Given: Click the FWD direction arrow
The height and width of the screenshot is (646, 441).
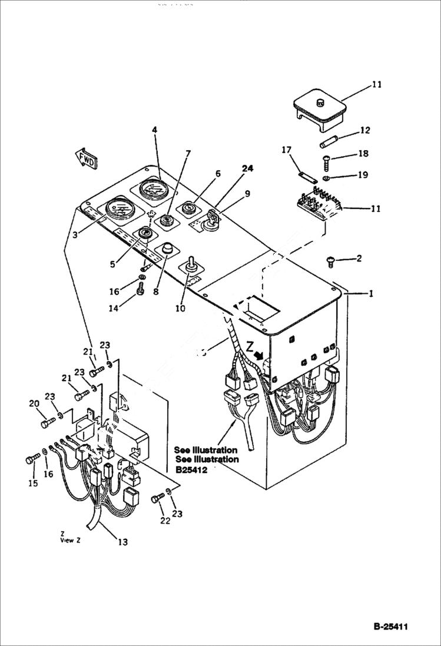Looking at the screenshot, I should (86, 158).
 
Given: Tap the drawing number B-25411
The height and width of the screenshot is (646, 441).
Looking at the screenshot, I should (390, 626).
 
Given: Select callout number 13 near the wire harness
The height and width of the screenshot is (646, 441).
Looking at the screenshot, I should (122, 542).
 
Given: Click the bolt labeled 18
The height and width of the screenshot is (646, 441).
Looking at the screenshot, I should (328, 161).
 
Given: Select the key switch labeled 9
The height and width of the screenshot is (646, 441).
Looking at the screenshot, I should (210, 223).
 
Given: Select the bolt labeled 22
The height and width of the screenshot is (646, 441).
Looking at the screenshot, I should (157, 499).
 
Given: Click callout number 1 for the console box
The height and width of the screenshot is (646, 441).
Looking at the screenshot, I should (371, 293).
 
